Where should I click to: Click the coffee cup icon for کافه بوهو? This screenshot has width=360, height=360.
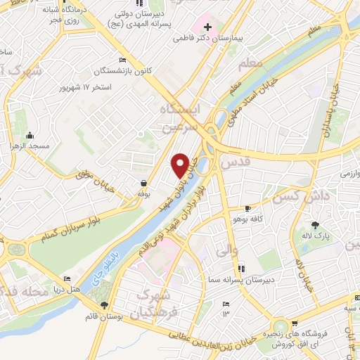coord(247,209)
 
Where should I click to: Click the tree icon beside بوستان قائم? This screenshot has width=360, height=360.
coord(105,305)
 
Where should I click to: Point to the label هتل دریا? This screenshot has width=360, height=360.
coord(73,290)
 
